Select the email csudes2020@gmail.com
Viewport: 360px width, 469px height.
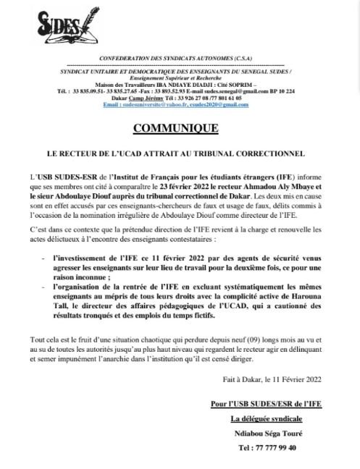pos(214,104)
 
